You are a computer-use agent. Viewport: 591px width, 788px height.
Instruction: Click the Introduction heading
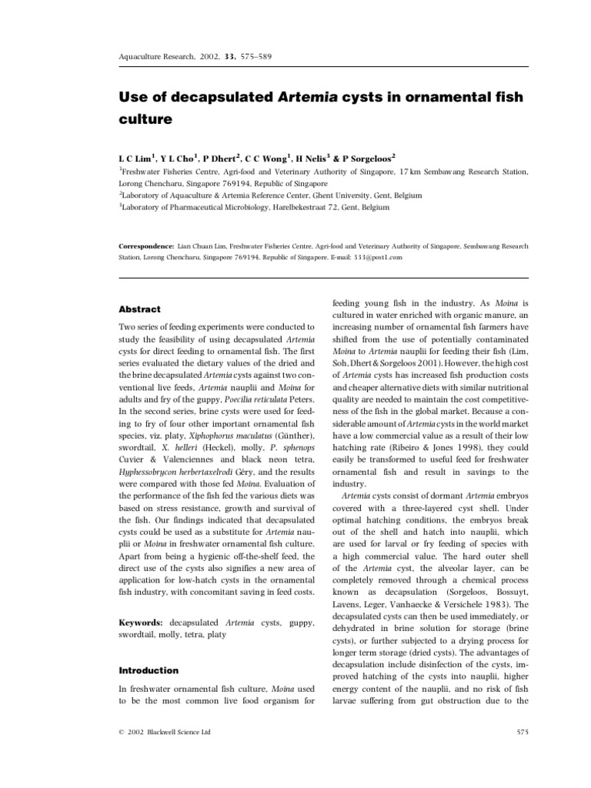(149, 670)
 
